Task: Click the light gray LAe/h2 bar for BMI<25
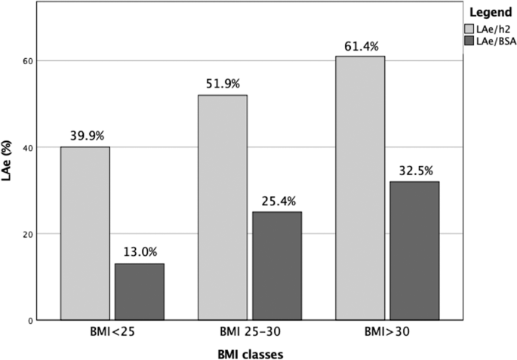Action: tap(85, 233)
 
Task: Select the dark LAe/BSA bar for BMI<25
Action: tap(139, 291)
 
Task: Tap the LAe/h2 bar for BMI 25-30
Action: tap(223, 208)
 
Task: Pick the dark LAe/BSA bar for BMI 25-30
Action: tap(277, 266)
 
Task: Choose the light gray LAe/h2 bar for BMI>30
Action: tap(360, 188)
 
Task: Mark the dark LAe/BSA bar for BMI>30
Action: tap(414, 251)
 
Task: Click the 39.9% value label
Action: tap(85, 137)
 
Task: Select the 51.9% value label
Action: tap(223, 85)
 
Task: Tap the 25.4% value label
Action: tap(277, 202)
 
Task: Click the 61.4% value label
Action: tap(360, 46)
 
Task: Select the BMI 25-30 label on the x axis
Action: tap(250, 331)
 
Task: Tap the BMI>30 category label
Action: tap(387, 331)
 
